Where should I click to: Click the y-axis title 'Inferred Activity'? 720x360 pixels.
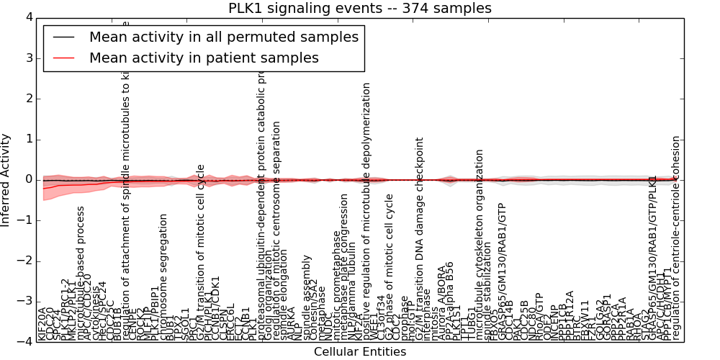[6, 179]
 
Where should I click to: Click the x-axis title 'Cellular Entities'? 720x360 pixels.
[360, 352]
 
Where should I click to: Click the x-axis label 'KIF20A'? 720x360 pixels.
[42, 323]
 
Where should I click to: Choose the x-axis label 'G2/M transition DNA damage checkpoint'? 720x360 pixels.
[420, 238]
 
